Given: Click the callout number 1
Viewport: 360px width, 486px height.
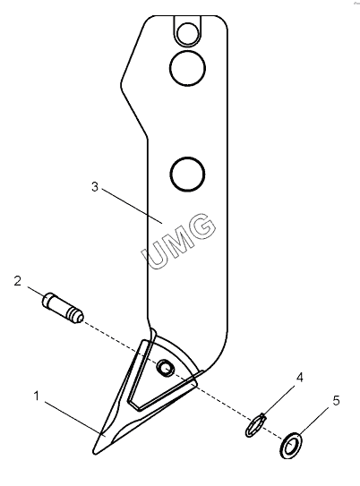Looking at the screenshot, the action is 37,396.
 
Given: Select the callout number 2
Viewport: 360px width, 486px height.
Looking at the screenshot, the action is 18,281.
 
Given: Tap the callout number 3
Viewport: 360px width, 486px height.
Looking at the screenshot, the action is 95,187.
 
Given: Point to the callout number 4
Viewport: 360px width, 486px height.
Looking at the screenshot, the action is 300,377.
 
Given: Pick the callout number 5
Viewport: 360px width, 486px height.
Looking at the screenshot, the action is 337,401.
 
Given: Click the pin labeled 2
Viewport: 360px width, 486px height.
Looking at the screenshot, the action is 63,308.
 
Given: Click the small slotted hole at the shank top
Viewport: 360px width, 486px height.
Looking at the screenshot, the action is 187,31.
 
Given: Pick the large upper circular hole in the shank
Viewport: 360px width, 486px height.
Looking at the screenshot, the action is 187,68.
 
